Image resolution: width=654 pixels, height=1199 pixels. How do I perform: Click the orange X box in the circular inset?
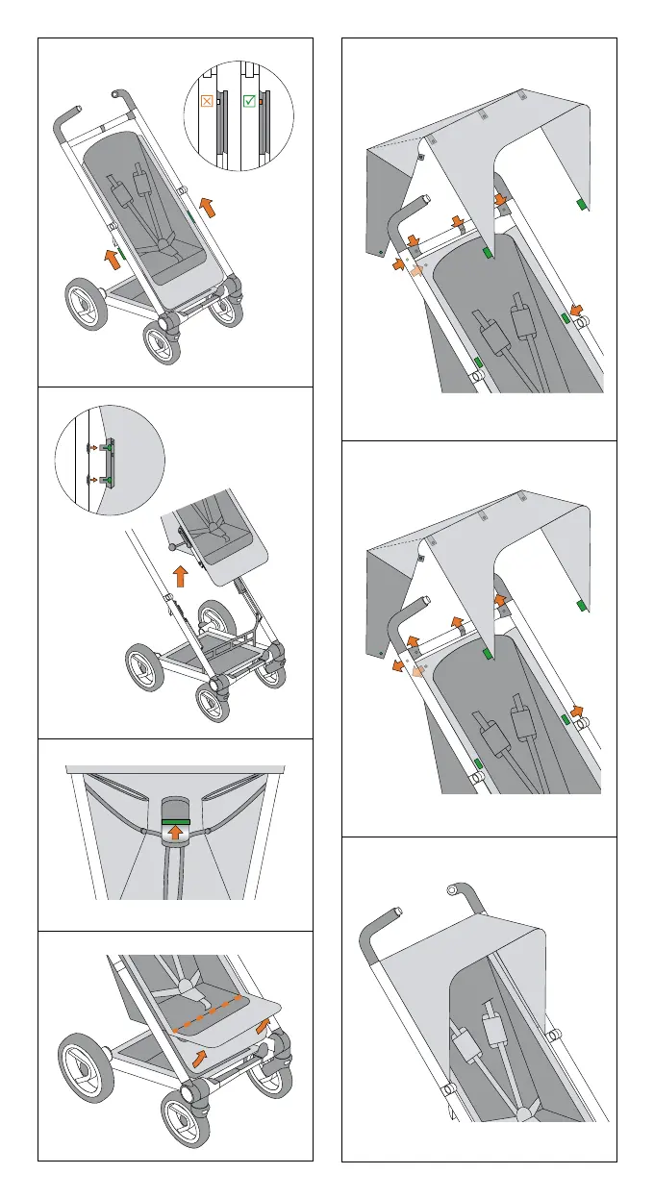pos(207,99)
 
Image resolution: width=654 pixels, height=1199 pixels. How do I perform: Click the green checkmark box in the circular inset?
pos(248,99)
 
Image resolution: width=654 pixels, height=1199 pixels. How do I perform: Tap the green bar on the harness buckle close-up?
pos(176,822)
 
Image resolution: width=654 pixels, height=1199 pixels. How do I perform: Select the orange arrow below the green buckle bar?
pos(176,834)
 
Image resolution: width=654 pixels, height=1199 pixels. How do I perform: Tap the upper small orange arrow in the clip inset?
pos(92,447)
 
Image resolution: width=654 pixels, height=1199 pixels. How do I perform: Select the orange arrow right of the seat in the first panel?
pos(208,206)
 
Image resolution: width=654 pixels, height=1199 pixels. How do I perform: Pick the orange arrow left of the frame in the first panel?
pos(113,256)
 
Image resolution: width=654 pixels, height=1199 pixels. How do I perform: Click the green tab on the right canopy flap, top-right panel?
pos(581,205)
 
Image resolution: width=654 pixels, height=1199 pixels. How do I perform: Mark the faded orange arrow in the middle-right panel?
pos(415,676)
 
